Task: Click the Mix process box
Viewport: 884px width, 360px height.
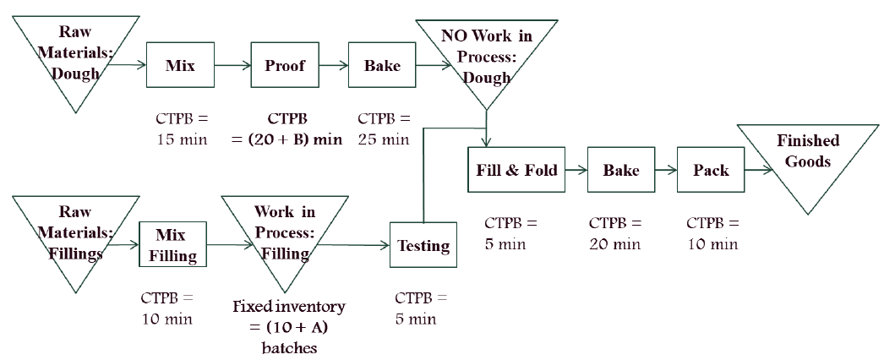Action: pyautogui.click(x=180, y=66)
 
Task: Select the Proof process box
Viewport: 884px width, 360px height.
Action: pyautogui.click(x=284, y=66)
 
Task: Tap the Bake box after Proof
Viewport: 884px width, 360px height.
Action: pyautogui.click(x=382, y=66)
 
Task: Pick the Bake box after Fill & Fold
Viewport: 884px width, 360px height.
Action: pyautogui.click(x=621, y=171)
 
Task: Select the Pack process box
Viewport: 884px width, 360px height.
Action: pyautogui.click(x=711, y=171)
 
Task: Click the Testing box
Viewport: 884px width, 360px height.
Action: pyautogui.click(x=423, y=246)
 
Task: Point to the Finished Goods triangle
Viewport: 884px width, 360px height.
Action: pyautogui.click(x=808, y=161)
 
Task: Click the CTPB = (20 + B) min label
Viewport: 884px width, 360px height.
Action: pyautogui.click(x=286, y=129)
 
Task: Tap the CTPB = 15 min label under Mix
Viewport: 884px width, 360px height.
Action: pyautogui.click(x=177, y=129)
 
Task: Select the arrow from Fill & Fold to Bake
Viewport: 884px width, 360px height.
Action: pyautogui.click(x=576, y=171)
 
